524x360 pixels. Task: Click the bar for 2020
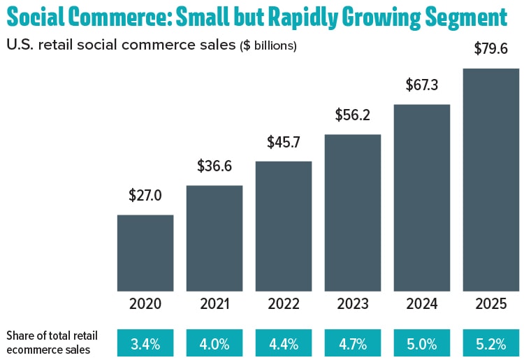pyautogui.click(x=145, y=252)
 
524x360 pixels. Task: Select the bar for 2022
pyautogui.click(x=284, y=226)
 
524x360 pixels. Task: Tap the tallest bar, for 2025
pyautogui.click(x=491, y=180)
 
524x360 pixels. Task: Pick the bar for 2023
pyautogui.click(x=353, y=213)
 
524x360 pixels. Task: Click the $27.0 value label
pyautogui.click(x=145, y=196)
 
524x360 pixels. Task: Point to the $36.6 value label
pyautogui.click(x=214, y=167)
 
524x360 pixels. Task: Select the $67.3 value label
pyautogui.click(x=422, y=85)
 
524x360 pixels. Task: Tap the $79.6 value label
pyautogui.click(x=491, y=50)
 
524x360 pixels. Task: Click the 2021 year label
pyautogui.click(x=214, y=304)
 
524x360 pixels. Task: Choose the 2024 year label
pyautogui.click(x=422, y=304)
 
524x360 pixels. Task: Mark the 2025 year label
pyautogui.click(x=491, y=304)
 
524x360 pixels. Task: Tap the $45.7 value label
pyautogui.click(x=284, y=143)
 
